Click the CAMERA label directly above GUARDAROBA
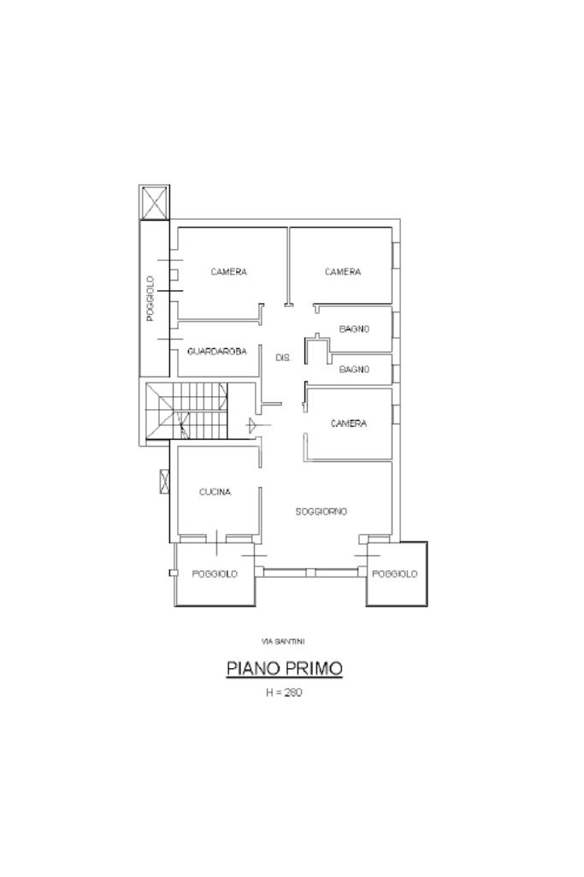(x=228, y=272)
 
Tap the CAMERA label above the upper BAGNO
(x=343, y=272)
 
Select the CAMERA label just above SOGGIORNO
(x=349, y=424)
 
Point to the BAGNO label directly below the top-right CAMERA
(x=354, y=329)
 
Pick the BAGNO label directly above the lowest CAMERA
(x=354, y=369)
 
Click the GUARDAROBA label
(x=217, y=352)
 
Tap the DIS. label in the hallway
(x=283, y=358)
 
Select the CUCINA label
(x=215, y=492)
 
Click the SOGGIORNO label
(x=321, y=511)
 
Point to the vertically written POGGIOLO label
(x=150, y=299)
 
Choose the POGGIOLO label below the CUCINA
(x=215, y=574)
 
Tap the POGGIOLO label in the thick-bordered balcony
(x=394, y=574)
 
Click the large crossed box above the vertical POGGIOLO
(x=154, y=202)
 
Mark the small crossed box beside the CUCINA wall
(x=164, y=482)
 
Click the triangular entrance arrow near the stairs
(x=252, y=426)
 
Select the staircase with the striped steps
(x=186, y=412)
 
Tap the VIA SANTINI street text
(x=283, y=642)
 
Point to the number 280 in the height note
(x=292, y=692)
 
